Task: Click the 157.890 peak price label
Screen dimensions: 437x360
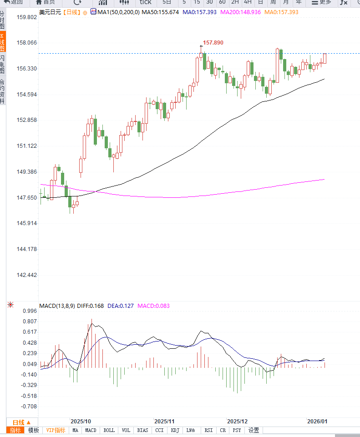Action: coord(213,42)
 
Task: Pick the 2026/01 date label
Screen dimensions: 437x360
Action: coord(317,422)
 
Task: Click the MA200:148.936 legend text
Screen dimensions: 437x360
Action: coord(240,12)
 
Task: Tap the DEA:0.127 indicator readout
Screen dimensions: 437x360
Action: coord(121,306)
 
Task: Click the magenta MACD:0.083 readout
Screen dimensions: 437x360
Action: coord(153,306)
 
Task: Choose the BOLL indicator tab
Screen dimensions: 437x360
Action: coord(109,430)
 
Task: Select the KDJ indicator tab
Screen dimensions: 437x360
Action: coord(175,430)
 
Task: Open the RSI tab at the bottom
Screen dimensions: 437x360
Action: coord(208,430)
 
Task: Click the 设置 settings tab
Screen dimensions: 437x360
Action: coord(254,430)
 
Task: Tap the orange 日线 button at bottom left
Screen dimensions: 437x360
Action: coord(21,422)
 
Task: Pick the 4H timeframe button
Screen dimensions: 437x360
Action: coord(248,2)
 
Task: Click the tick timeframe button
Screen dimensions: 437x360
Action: coord(145,2)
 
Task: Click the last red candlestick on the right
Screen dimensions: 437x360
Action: coord(325,58)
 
